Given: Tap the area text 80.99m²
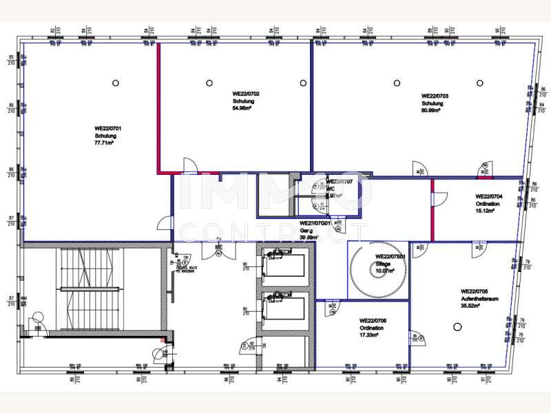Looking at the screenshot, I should (x=435, y=112).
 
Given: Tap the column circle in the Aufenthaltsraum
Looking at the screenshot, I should (x=457, y=326).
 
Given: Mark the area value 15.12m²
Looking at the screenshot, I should (x=486, y=211).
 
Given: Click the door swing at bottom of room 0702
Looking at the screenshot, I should (x=189, y=165).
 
